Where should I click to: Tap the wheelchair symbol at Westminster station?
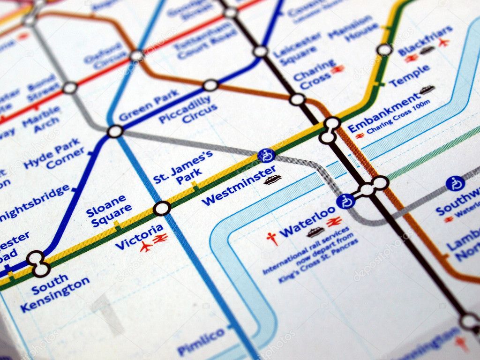pos(266,155)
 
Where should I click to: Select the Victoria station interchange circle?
pos(162,208)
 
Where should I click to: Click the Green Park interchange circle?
pos(115,131)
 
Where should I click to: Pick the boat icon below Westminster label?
pos(272,180)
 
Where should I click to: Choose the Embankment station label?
pos(383,113)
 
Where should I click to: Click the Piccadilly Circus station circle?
pos(210,85)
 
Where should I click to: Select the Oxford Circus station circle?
pos(137,56)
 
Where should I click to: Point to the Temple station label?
pos(409,75)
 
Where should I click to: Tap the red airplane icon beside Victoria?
pos(146,246)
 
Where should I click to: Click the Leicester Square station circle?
pos(260,52)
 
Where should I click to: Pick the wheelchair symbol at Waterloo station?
pos(345,201)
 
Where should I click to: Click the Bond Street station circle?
pos(70,88)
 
